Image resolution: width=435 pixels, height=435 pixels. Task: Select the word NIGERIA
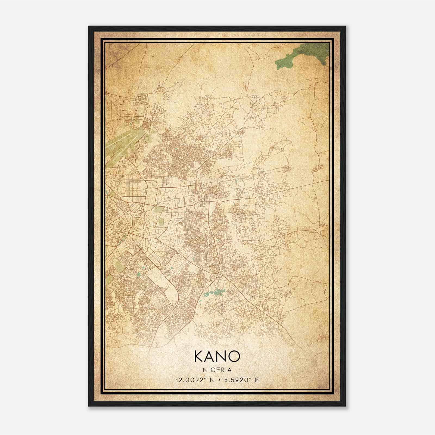(x=217, y=370)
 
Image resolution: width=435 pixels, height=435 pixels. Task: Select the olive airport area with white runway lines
(x=120, y=144)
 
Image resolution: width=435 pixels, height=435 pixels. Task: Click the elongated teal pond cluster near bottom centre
(x=215, y=293)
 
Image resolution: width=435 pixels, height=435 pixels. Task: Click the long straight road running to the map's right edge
(x=299, y=188)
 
